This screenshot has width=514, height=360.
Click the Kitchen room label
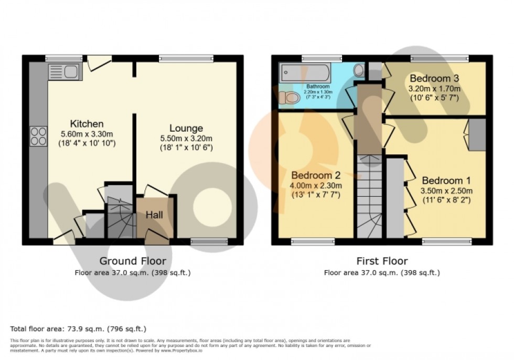point(87,124)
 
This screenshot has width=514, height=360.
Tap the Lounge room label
point(186,129)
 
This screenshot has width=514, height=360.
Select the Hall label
point(154,215)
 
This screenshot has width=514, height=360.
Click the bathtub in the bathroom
point(307,72)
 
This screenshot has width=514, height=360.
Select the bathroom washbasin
point(359,70)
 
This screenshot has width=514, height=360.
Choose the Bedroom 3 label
point(434,78)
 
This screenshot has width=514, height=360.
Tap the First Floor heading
point(381,261)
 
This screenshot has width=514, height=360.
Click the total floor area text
point(78,329)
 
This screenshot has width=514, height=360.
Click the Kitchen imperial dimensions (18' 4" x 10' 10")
point(87,143)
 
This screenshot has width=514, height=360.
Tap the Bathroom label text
point(318,86)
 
